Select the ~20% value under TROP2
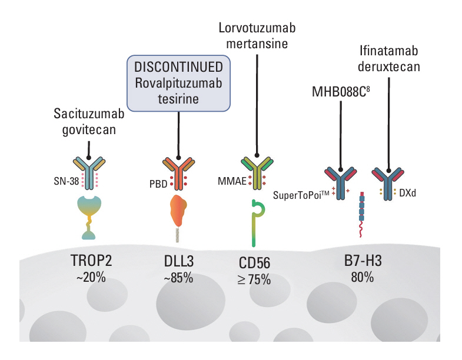point(90,277)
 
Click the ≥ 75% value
point(254,279)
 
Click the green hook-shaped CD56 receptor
point(255,224)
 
